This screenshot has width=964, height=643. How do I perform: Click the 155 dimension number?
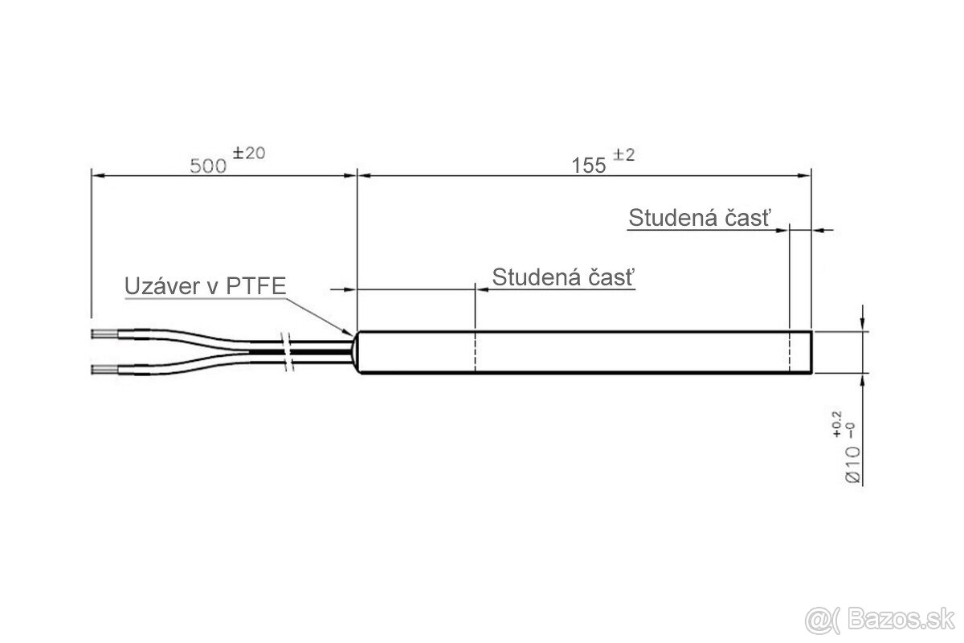click(x=588, y=166)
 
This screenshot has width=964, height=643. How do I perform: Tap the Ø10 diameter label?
click(x=853, y=465)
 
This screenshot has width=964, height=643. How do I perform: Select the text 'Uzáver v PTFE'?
click(x=205, y=285)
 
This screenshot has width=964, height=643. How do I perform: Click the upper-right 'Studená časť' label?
click(x=699, y=218)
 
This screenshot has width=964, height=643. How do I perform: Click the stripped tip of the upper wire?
click(x=102, y=331)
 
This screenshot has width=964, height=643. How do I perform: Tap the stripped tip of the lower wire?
click(x=102, y=370)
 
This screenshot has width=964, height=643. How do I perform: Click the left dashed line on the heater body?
click(x=476, y=351)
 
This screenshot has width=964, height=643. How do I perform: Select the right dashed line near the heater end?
click(x=790, y=351)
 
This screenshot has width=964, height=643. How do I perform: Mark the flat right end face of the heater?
click(x=811, y=351)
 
